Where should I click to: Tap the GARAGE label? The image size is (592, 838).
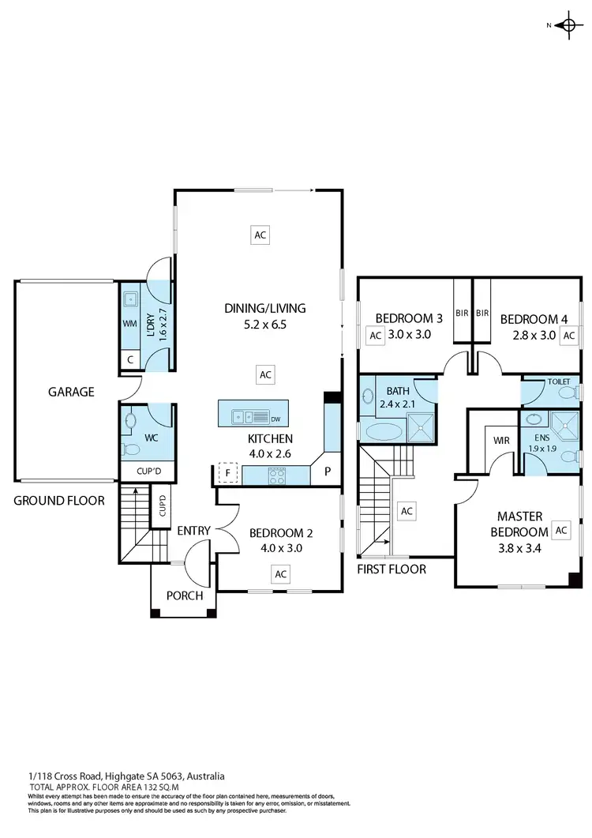pos(70,391)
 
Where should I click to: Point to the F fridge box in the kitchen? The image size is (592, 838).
pos(227,475)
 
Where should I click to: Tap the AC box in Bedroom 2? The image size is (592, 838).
pos(280,573)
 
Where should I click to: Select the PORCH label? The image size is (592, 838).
pos(184,596)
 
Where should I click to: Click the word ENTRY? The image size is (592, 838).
pos(193,531)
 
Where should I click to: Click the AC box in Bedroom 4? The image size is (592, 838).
pos(570,335)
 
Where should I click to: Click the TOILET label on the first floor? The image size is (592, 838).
pos(558,381)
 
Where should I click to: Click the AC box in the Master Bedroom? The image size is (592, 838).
pos(561,531)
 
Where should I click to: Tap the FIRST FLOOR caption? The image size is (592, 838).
pos(392,569)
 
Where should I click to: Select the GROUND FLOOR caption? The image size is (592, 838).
pos(58,500)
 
